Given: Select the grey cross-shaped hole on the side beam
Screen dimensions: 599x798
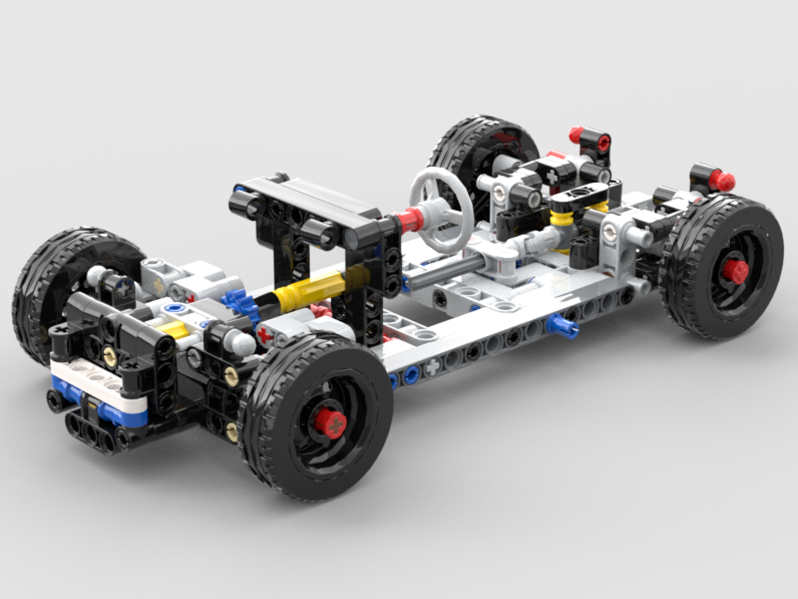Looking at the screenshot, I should coord(432,367).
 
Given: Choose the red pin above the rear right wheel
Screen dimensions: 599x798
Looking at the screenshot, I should coord(723,179).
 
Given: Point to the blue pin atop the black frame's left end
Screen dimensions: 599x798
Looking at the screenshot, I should coord(239,190).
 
